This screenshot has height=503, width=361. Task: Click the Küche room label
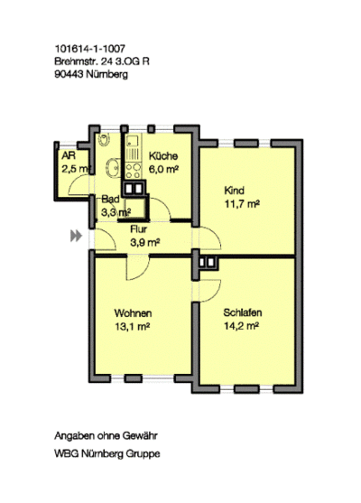coord(163,156)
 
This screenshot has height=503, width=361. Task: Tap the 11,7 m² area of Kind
coord(242,204)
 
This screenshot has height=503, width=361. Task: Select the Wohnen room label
coord(133,312)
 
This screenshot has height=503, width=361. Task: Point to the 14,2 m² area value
coord(241,326)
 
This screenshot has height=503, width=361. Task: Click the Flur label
coord(139,229)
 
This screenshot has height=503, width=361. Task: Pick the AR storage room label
coord(69,156)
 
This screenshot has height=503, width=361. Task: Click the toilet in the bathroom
coord(104,139)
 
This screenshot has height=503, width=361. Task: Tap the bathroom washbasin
coord(113,167)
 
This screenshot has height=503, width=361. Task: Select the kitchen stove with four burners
coord(133,171)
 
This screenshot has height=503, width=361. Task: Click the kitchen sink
coord(133,142)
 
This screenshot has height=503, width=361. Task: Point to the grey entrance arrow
coord(76,236)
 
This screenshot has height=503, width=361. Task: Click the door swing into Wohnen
coord(138,267)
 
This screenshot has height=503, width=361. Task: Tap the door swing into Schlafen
coord(210,291)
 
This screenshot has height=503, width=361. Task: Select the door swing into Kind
coord(210,238)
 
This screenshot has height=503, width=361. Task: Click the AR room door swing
coord(79,185)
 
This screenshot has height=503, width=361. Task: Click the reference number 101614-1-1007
coord(90,49)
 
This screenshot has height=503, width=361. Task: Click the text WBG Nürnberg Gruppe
coord(107,454)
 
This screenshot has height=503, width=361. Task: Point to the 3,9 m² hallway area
coord(145,243)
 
